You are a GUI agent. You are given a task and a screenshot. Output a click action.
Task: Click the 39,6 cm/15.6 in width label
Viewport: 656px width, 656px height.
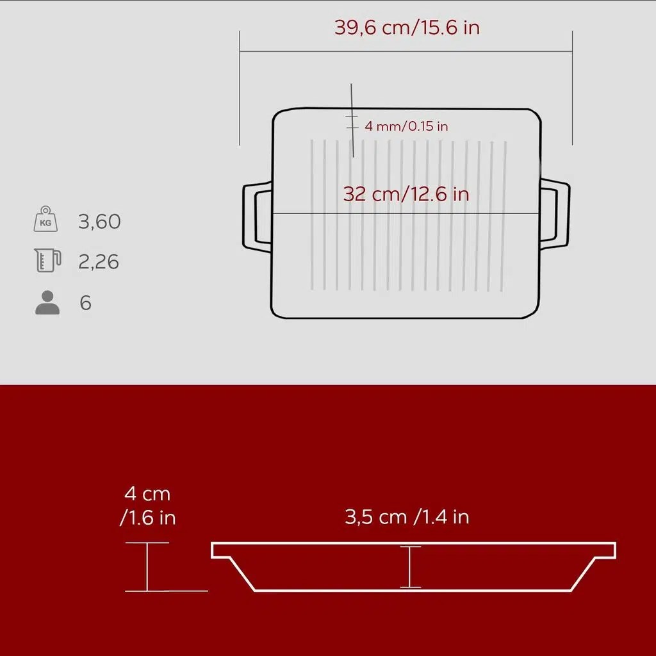(x=407, y=28)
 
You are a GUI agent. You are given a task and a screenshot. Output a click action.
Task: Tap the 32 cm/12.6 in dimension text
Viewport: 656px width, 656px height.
(x=406, y=193)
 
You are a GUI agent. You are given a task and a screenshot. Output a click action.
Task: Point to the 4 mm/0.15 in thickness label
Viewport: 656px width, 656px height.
(x=406, y=126)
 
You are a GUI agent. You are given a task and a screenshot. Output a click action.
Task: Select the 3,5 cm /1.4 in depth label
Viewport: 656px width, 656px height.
(x=407, y=517)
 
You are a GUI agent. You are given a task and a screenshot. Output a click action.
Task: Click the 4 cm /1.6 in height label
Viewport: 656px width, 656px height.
(x=148, y=506)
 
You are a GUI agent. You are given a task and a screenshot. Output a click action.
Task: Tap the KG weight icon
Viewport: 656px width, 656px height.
(x=45, y=219)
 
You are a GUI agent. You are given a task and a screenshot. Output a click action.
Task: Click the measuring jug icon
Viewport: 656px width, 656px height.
(x=47, y=260)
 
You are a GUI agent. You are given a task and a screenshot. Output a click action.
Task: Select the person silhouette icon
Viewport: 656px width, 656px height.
(x=47, y=302)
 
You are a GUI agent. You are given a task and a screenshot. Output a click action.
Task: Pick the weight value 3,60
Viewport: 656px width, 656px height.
(x=99, y=221)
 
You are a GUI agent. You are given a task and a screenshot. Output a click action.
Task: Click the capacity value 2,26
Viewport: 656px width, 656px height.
(x=99, y=261)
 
